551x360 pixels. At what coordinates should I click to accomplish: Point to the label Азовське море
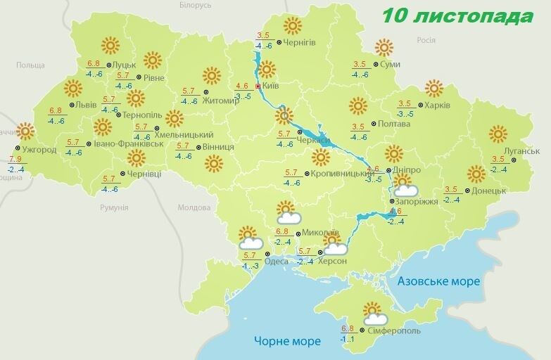coord(438,281)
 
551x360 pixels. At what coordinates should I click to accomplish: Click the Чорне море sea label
coord(287,341)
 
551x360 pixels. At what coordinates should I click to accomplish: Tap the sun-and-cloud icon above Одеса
coord(249,238)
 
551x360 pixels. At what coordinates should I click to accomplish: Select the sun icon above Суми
coord(384,48)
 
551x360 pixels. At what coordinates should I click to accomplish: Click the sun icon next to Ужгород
coord(25,131)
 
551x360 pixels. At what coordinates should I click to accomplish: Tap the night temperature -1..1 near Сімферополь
coord(348,340)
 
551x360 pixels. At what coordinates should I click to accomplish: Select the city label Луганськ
coord(521,151)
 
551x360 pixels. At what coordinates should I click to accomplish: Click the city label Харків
coord(437,105)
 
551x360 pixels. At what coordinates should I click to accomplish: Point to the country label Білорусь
coord(195,5)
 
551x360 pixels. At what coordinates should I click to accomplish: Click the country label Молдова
coord(194,208)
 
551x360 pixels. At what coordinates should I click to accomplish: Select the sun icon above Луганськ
coord(498,134)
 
